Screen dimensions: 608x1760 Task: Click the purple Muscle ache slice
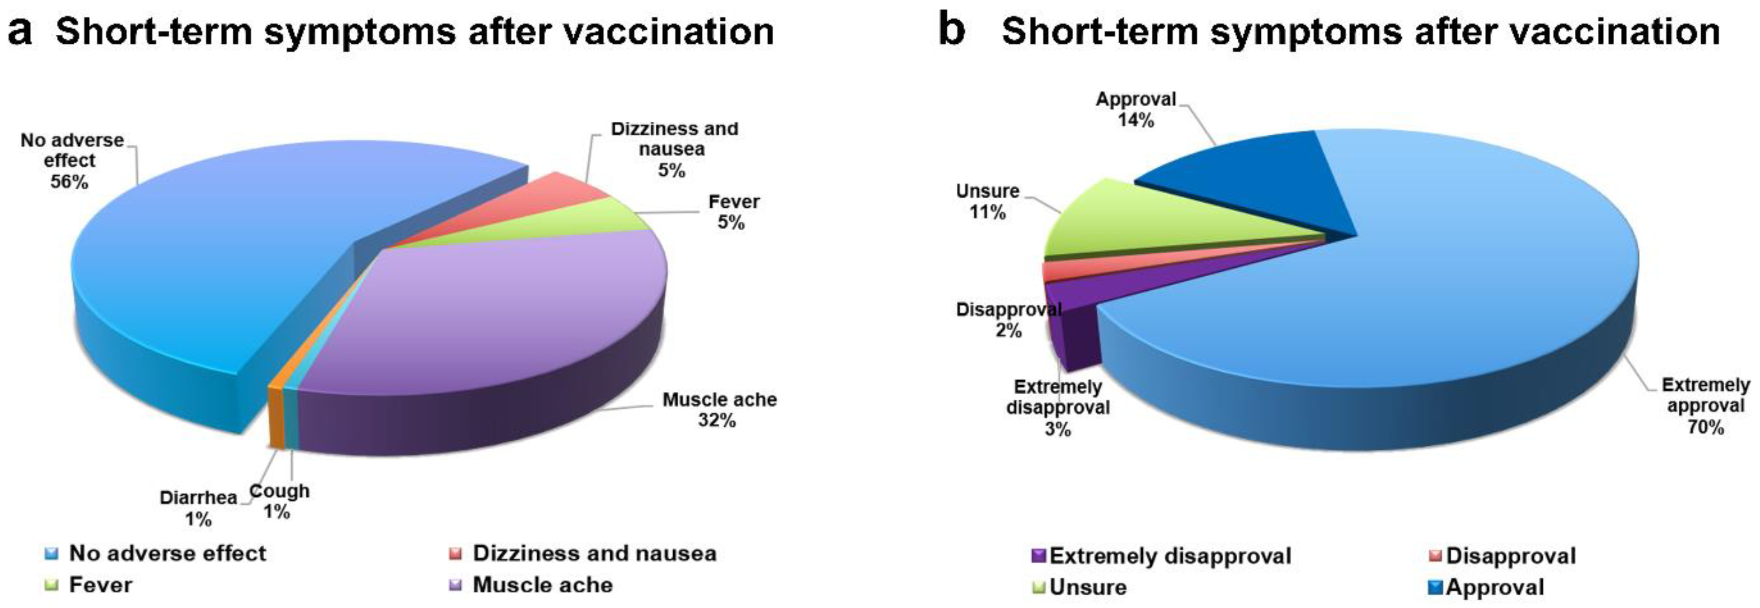pos(519,307)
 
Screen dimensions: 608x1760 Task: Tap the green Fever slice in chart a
pos(588,222)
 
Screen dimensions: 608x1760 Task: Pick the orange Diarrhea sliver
pos(275,417)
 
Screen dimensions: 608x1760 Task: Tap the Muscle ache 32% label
pos(719,410)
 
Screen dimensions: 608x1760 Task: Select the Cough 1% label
pos(279,501)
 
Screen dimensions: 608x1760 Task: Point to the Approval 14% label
pos(1136,110)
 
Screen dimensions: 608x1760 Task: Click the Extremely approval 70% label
pos(1705,406)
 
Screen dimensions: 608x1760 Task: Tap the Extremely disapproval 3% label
pos(1058,408)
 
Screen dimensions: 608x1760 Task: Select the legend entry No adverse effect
pos(167,553)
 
